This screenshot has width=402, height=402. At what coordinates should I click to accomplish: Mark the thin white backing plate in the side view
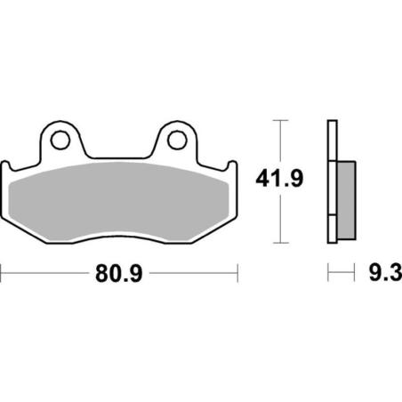(x=332, y=182)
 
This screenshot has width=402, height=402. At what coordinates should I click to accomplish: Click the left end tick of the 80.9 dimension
(x=2, y=270)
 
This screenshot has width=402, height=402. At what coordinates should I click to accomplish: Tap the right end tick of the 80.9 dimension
(x=236, y=270)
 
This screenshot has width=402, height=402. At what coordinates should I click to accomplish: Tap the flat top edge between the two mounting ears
(x=118, y=152)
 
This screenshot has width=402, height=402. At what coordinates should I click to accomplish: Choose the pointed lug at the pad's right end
(x=232, y=166)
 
